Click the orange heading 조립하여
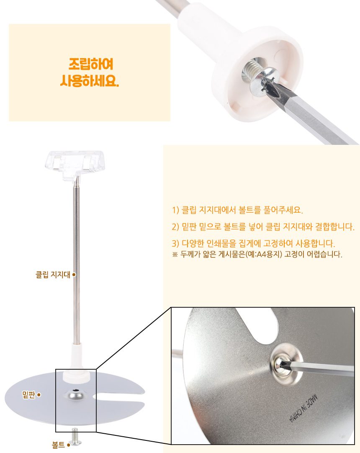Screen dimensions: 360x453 coord(91,64)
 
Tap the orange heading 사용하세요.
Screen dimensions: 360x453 coord(90,81)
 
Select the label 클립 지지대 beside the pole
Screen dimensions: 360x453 coord(53,275)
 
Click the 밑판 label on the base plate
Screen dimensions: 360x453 coord(28,394)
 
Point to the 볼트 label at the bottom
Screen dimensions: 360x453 coord(58,445)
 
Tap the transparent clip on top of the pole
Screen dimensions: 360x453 coord(75,165)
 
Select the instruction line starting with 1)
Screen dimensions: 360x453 coord(237,210)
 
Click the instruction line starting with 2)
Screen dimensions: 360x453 coord(263,227)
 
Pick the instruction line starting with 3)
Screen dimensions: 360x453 coord(253,243)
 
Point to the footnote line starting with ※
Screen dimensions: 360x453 coord(257,254)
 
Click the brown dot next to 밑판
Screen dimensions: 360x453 coord(39,395)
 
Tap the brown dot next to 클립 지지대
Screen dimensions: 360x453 coord(74,275)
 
